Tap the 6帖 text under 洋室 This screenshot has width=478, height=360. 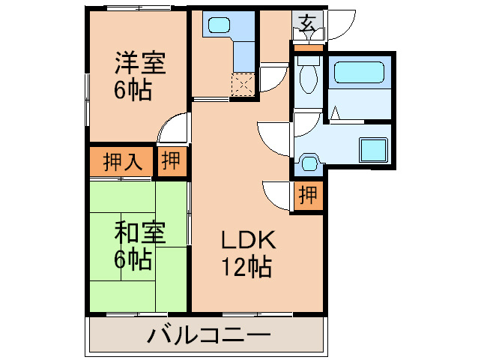pyautogui.click(x=133, y=89)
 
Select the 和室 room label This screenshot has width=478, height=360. pyautogui.click(x=139, y=233)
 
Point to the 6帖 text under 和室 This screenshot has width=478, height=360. pyautogui.click(x=133, y=260)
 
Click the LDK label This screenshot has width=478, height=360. pyautogui.click(x=248, y=240)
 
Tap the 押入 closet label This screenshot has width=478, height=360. pyautogui.click(x=122, y=163)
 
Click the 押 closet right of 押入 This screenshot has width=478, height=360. pyautogui.click(x=172, y=162)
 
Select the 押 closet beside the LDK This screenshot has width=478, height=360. pyautogui.click(x=307, y=196)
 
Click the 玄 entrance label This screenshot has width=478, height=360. pyautogui.click(x=308, y=22)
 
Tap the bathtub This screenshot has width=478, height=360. pyautogui.click(x=358, y=72)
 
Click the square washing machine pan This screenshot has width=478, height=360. pyautogui.click(x=372, y=148)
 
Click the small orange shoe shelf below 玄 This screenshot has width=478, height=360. pyautogui.click(x=308, y=48)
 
